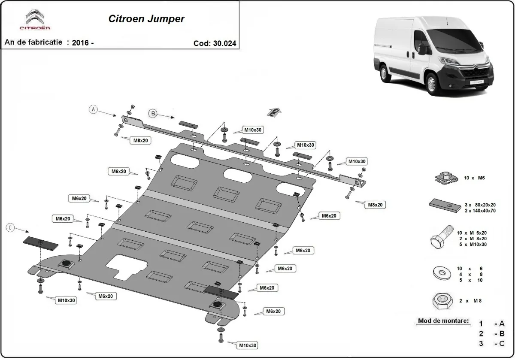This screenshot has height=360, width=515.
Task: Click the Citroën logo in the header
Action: [x=35, y=20]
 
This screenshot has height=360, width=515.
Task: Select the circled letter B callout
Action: [x=153, y=113]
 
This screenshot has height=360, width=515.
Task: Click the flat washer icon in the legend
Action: [x=441, y=273]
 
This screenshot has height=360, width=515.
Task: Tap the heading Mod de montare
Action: [x=442, y=321]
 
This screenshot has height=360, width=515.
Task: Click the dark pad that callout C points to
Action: [x=40, y=243]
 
